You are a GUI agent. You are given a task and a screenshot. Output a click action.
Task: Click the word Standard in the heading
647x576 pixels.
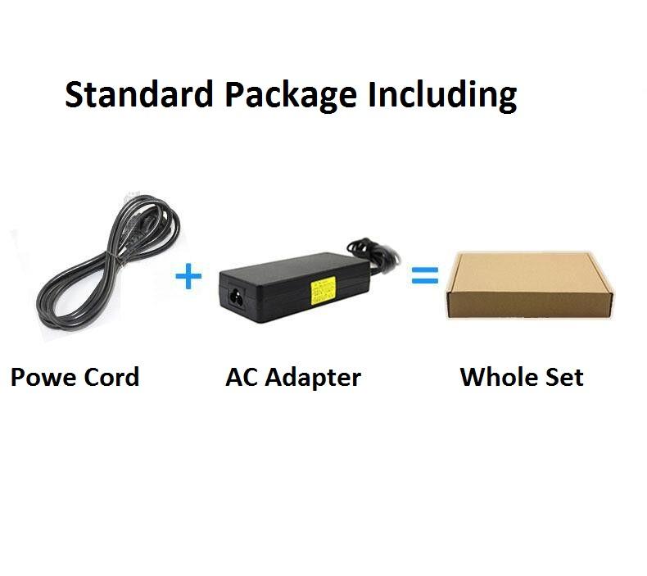click(x=139, y=95)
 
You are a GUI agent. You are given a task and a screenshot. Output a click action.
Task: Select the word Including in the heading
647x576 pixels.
click(x=442, y=97)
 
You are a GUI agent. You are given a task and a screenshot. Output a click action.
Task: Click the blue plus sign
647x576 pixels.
click(x=188, y=276)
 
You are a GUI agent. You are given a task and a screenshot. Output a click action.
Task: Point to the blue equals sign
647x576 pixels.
click(x=424, y=276)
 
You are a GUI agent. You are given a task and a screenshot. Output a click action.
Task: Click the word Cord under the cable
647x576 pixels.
click(x=112, y=378)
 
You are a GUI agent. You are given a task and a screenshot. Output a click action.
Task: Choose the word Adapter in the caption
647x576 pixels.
click(x=314, y=378)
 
